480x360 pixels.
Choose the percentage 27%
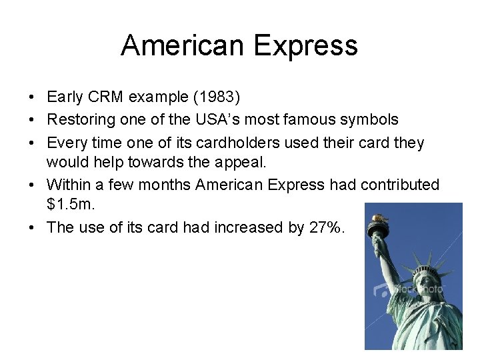pos(326,227)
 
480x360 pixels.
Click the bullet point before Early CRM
pos(32,98)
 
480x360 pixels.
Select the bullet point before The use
pos(32,228)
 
